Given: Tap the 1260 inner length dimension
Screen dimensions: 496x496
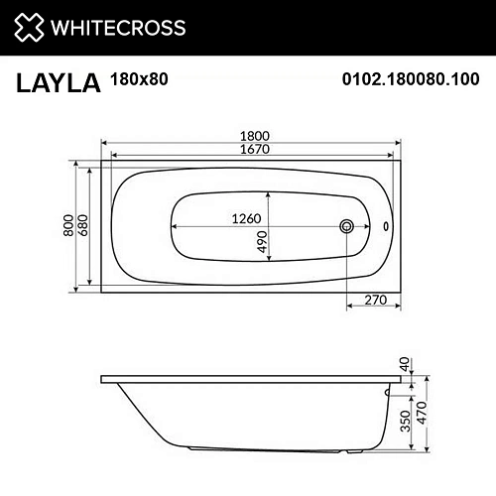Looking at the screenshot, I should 246,218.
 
